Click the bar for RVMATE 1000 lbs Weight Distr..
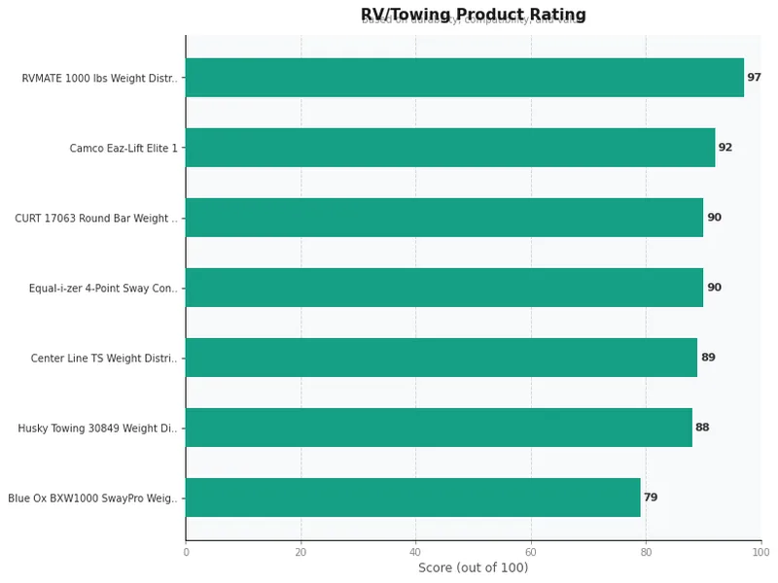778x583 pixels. [465, 78]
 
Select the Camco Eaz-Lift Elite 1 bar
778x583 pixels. [450, 148]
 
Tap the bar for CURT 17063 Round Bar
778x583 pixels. [444, 218]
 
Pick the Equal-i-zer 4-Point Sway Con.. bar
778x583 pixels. [444, 288]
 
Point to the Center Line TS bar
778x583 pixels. [442, 358]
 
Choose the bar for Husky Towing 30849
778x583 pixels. [439, 428]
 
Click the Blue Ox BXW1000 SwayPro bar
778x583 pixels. [413, 497]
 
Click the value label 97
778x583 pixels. [754, 78]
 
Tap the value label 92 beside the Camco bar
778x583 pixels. [725, 148]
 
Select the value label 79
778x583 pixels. [651, 497]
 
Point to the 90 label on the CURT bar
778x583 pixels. [714, 218]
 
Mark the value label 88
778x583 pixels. [702, 428]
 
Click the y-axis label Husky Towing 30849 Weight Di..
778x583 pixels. [98, 429]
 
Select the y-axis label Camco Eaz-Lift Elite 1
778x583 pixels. [124, 149]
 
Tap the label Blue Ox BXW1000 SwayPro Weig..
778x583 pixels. [93, 498]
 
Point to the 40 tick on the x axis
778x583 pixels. [416, 552]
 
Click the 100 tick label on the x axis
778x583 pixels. [760, 552]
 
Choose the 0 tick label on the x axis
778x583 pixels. [186, 552]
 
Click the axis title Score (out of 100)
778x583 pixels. [473, 568]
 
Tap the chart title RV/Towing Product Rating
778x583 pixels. [473, 15]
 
